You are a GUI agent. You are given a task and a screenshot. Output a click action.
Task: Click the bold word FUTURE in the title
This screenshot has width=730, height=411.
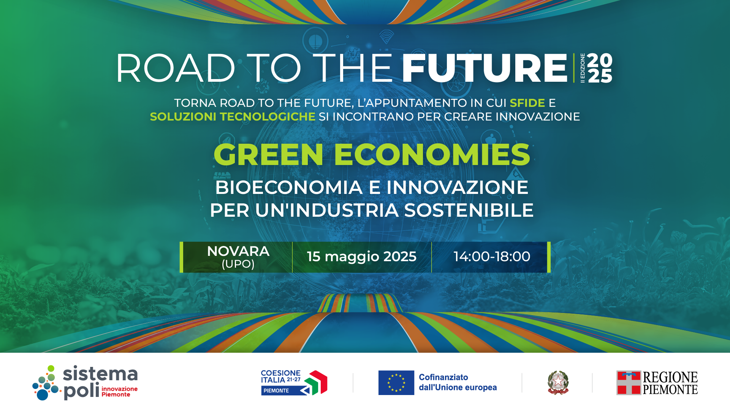pos(485,68)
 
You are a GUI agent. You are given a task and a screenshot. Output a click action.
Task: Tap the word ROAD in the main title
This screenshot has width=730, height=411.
pos(176,68)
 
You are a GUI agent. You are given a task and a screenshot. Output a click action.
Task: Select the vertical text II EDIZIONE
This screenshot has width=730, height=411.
pos(583,68)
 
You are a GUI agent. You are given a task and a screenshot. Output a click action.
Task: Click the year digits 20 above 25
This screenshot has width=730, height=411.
pos(600,60)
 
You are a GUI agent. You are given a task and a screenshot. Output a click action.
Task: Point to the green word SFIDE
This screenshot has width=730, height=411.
pos(527,103)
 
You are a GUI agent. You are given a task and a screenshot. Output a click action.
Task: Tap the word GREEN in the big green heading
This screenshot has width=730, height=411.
pos(268,155)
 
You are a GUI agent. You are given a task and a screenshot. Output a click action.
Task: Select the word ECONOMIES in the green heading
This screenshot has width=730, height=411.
pos(432,155)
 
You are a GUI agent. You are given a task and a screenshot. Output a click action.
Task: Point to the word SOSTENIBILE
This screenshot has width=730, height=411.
pos(469,210)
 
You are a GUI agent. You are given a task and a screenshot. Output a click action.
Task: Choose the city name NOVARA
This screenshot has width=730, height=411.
pos(238,251)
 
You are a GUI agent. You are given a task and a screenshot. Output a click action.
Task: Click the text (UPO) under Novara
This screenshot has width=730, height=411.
pos(238,264)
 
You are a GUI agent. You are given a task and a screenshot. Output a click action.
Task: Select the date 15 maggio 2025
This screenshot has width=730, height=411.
pos(362,257)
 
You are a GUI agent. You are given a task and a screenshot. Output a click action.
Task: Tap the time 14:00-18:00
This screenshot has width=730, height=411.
pos(492,257)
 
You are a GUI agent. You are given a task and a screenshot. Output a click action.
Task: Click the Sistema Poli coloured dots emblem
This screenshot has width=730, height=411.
pos(46,383)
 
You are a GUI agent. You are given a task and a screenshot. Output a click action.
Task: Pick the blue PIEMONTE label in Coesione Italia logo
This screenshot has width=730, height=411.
pos(276,391)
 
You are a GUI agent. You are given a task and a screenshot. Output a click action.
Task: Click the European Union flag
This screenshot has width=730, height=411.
pos(396,382)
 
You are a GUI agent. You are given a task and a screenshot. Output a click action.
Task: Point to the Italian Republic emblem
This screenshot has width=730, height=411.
pos(558,382)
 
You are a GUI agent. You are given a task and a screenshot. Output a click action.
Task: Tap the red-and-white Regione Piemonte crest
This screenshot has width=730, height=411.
pos(629,383)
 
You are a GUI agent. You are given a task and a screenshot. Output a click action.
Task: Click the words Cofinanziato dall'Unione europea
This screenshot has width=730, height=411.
pos(458,382)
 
